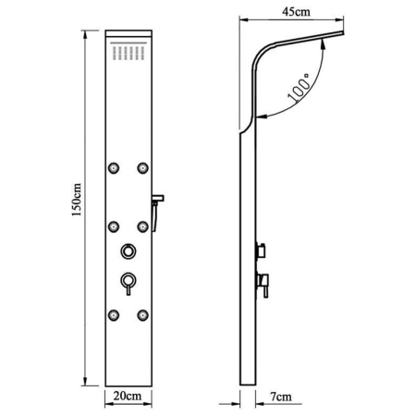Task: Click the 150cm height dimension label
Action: (x=77, y=200)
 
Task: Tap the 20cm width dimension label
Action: (x=128, y=396)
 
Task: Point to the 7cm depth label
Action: (x=281, y=397)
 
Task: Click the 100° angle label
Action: (x=299, y=88)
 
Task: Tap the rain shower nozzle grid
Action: (x=128, y=53)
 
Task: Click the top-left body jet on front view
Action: (x=114, y=168)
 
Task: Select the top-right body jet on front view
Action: (x=142, y=168)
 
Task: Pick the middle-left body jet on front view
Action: (x=114, y=226)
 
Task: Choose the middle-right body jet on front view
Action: (x=142, y=226)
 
